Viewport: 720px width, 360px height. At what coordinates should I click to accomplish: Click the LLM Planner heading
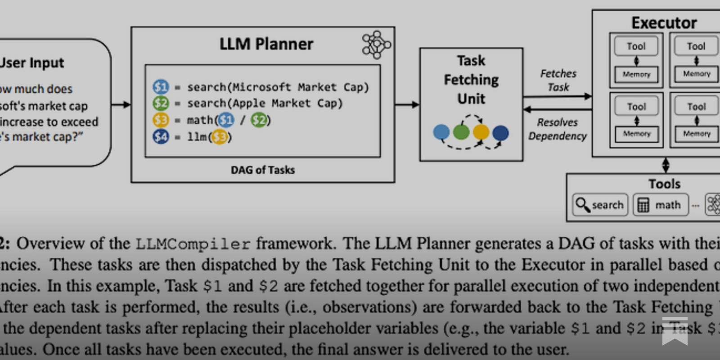coord(266,44)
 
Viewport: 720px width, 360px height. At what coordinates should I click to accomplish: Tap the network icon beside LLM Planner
coord(376,45)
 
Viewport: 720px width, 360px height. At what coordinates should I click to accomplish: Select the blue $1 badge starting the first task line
coord(161,86)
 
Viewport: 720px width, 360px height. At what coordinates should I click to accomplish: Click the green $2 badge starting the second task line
coord(161,103)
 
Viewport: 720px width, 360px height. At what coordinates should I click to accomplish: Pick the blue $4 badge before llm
coord(161,136)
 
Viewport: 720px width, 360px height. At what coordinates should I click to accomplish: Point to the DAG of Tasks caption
coord(263,170)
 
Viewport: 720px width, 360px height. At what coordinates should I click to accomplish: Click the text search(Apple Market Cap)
coord(265,103)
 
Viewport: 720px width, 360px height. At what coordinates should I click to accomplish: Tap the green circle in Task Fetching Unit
coord(461,132)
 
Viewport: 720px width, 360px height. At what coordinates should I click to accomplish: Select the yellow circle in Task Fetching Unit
coord(481,132)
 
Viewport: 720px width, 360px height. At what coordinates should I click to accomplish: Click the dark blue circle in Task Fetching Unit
coord(500,133)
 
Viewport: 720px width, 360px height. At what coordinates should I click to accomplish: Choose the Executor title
coord(664,22)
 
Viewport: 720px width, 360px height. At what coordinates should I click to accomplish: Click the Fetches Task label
coord(558,80)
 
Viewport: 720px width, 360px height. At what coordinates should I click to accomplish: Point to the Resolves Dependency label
coord(558,129)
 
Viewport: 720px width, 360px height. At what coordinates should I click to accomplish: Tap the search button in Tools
coord(600,205)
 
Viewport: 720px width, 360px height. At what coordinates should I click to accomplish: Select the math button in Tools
coord(661,205)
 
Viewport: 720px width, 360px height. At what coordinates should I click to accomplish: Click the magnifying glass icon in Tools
coord(582,205)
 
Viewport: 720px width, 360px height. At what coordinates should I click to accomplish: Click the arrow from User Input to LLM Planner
coord(121,105)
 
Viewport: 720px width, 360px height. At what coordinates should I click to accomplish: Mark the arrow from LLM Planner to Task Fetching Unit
coord(407,105)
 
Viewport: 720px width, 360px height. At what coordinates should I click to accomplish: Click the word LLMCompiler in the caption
coord(193,244)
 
